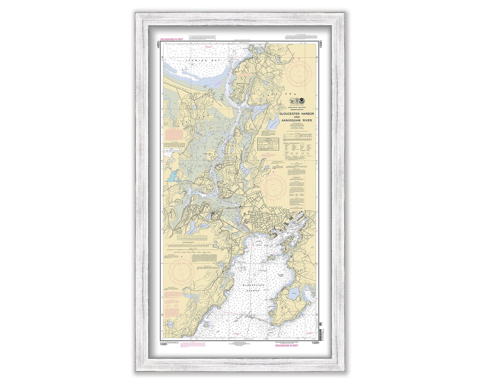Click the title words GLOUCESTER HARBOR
pyautogui.click(x=296, y=114)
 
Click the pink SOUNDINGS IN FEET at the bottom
pyautogui.click(x=287, y=345)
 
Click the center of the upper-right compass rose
pyautogui.click(x=299, y=73)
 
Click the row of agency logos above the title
pyautogui.click(x=296, y=103)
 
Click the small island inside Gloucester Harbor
pyautogui.click(x=271, y=258)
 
